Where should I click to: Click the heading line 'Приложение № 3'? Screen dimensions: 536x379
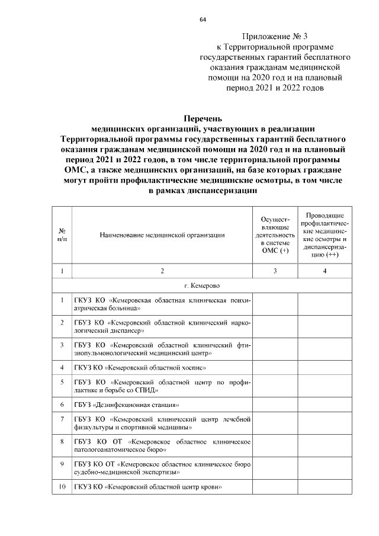272,36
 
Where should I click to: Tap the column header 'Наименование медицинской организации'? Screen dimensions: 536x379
162,235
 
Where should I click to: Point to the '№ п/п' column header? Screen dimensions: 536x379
62,235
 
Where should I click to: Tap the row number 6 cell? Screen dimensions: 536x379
62,405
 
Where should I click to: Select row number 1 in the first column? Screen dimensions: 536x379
62,300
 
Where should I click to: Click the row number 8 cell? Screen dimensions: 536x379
62,441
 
